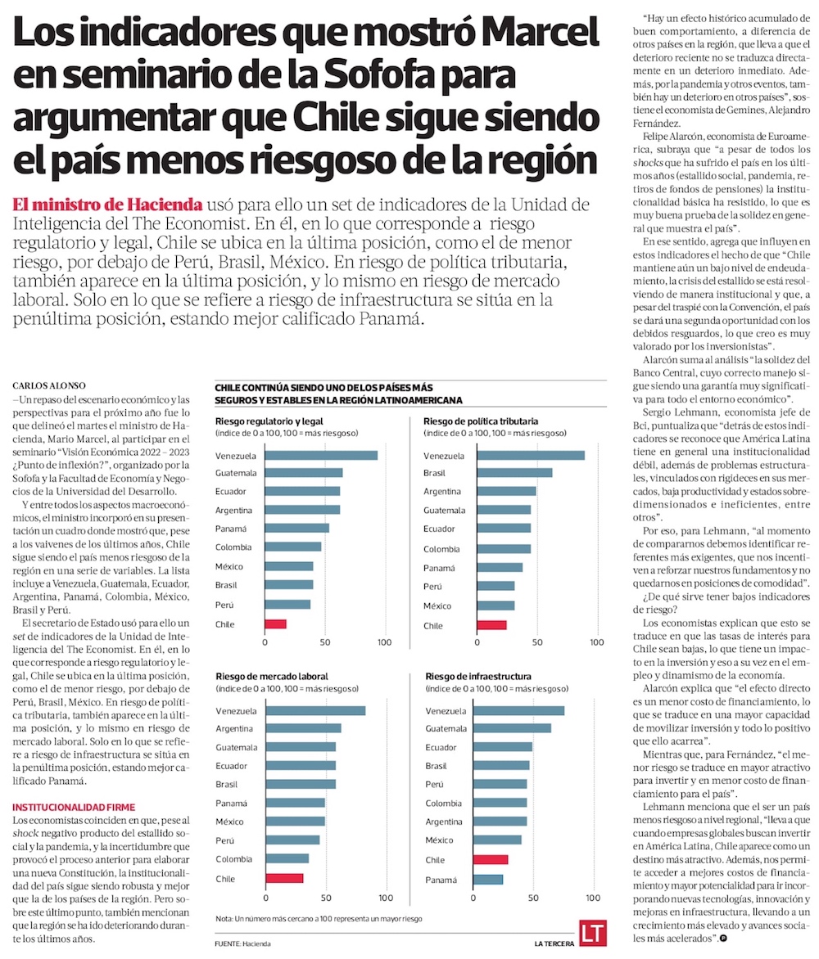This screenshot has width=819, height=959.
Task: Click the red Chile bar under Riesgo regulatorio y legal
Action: [x=275, y=624]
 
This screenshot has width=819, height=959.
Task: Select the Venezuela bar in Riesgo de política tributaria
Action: [x=530, y=455]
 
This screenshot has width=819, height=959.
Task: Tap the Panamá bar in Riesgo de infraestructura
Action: [x=489, y=879]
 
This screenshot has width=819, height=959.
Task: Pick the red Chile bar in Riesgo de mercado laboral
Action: [x=284, y=878]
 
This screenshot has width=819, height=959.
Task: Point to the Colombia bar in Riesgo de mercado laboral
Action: [x=287, y=858]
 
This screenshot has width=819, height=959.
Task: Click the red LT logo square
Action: [x=591, y=933]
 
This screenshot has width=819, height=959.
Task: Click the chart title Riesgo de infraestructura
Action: [x=477, y=677]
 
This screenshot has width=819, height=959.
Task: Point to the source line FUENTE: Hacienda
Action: [x=242, y=943]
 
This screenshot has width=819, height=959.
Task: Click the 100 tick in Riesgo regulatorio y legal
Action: [x=384, y=643]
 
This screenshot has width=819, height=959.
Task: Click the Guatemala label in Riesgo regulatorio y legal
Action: [x=236, y=473]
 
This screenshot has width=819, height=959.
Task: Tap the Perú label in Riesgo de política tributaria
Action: [x=433, y=586]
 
